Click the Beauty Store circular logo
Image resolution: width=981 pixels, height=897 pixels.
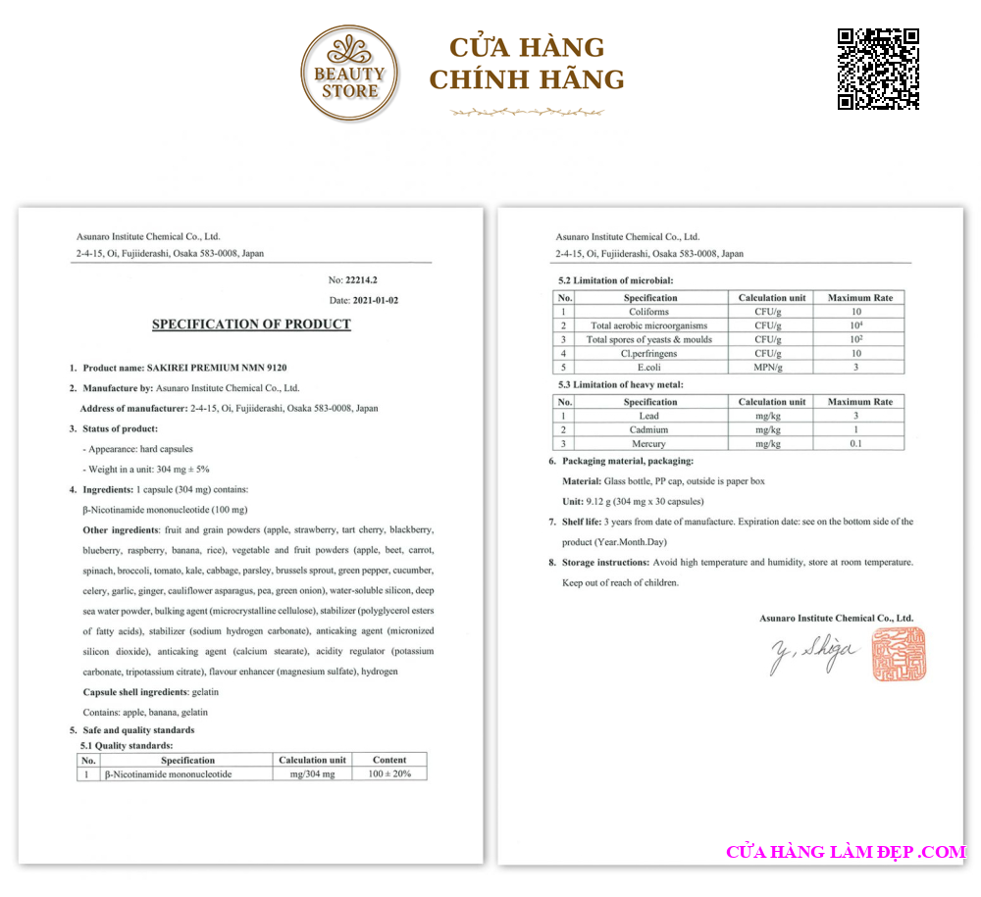click(350, 74)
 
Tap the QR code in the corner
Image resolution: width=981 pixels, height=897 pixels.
click(878, 69)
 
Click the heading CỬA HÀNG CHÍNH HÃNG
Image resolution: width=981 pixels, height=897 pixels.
click(527, 64)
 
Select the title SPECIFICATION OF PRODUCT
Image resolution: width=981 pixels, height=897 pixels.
click(251, 324)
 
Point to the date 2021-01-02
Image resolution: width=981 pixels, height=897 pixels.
click(377, 300)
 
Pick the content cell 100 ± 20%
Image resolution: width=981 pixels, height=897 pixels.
click(389, 774)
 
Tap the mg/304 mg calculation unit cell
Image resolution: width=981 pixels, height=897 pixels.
click(312, 774)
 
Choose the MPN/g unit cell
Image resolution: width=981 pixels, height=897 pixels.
click(772, 367)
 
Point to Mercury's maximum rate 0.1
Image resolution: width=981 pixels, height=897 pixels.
click(855, 443)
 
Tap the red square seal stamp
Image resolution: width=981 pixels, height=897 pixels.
click(899, 655)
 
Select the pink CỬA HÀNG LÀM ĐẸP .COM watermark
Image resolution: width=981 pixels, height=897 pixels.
click(846, 852)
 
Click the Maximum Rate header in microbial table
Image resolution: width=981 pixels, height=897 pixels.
click(860, 298)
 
